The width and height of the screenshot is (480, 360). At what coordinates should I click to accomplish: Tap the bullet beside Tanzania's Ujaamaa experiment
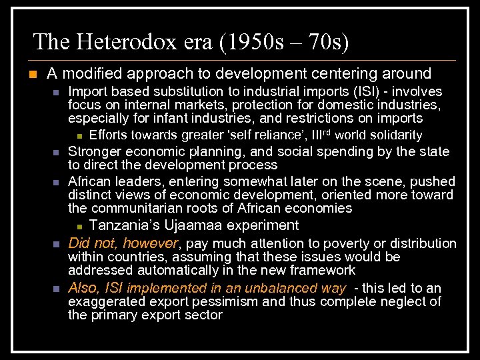79,226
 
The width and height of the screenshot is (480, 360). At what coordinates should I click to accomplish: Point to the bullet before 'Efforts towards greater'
79,136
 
